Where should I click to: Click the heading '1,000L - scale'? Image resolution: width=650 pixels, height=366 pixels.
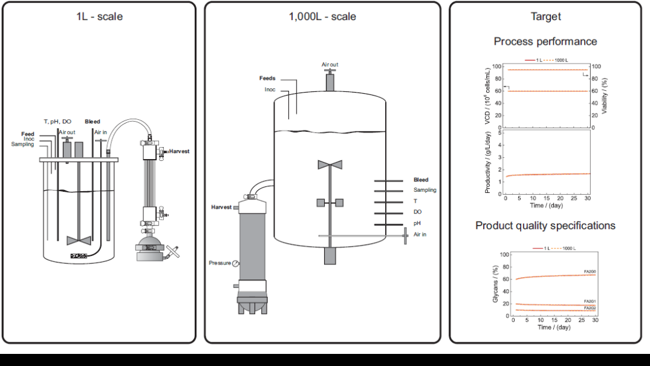[x=322, y=16]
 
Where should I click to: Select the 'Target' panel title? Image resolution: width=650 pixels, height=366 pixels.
[x=545, y=16]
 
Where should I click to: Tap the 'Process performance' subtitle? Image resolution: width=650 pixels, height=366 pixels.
[x=545, y=42]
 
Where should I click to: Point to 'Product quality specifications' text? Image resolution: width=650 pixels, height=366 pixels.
[x=545, y=226]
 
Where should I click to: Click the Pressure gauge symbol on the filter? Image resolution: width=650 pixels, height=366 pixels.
[x=235, y=263]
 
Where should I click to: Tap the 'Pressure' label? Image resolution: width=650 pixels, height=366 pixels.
[x=219, y=263]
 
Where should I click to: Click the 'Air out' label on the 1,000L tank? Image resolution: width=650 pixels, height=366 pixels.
[x=330, y=64]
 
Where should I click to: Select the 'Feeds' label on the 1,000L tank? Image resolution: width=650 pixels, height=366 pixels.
[x=267, y=79]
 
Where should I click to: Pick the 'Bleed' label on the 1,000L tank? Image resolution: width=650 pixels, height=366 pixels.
[x=421, y=180]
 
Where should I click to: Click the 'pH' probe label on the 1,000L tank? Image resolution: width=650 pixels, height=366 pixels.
[x=417, y=223]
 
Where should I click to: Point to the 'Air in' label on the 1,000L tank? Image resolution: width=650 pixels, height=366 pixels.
[x=420, y=234]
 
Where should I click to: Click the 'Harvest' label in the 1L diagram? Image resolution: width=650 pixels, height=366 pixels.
[x=179, y=151]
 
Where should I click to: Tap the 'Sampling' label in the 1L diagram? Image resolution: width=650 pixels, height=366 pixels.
[x=23, y=145]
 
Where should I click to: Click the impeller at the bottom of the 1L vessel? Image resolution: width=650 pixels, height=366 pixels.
[x=79, y=240]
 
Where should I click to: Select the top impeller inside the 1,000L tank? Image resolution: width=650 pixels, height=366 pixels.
[x=330, y=165]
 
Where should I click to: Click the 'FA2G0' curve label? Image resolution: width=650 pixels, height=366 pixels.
[x=590, y=272]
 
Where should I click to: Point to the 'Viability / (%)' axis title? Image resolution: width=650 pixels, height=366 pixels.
[x=605, y=97]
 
